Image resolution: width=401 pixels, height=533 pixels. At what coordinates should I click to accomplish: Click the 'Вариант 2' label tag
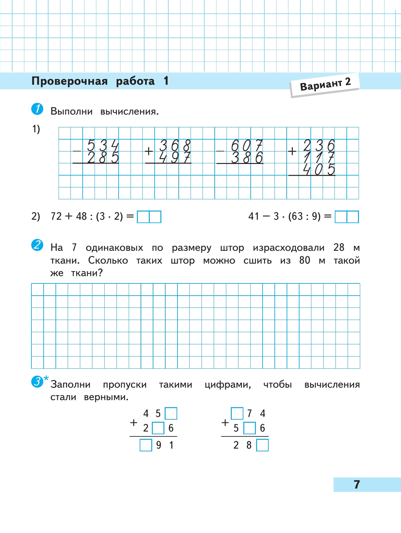point(325,84)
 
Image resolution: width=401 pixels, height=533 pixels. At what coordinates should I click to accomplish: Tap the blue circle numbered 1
point(37,109)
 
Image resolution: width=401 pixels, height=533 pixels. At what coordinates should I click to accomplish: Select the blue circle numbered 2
point(37,245)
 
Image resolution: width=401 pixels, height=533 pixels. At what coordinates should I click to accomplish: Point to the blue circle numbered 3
point(37,381)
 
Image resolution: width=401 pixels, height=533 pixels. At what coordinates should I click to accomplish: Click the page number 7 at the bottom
point(357,484)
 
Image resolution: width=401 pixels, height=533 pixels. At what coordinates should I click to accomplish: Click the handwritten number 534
point(103,146)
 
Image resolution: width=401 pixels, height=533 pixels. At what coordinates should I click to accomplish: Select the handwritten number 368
point(174,146)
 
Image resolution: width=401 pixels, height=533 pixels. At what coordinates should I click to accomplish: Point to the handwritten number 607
point(247,146)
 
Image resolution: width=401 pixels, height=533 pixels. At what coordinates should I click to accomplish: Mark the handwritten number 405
point(318,170)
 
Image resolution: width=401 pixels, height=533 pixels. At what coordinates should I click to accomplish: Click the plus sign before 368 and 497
point(149,151)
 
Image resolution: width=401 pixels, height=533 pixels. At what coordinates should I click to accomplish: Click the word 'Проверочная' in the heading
point(70,81)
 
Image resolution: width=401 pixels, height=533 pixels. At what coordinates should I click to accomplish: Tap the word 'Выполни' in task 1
point(72,111)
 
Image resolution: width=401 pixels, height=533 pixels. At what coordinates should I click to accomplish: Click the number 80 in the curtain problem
point(305,260)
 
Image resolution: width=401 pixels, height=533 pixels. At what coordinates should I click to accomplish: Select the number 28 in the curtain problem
point(339,247)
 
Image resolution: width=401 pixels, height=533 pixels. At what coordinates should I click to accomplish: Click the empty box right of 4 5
point(171,413)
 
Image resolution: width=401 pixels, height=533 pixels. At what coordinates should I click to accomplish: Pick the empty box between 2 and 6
point(158,428)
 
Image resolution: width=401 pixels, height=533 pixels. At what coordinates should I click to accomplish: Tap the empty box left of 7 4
point(237,413)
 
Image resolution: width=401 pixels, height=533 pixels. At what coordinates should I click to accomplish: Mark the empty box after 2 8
point(262,445)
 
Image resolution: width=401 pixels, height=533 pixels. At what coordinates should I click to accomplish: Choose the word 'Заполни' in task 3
point(71,384)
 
